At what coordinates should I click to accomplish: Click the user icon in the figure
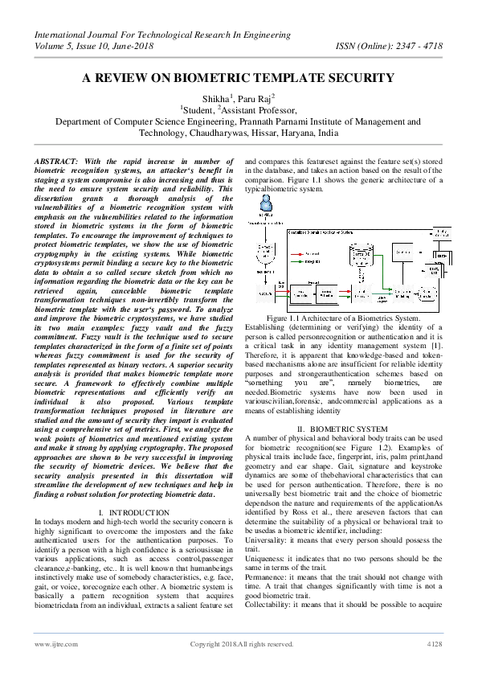pyautogui.click(x=266, y=205)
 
